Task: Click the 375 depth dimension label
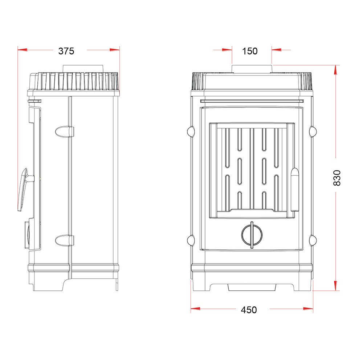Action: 66,51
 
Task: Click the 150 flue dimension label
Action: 250,51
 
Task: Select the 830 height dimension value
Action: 337,178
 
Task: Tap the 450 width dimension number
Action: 249,310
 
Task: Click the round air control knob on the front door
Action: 252,235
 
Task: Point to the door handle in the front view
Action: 295,189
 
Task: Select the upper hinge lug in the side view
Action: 64,132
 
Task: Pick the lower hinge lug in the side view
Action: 64,241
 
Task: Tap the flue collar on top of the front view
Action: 252,69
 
